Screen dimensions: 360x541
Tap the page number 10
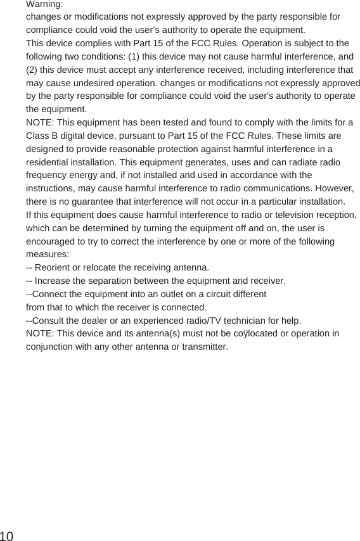8,536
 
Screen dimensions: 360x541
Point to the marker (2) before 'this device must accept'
32,69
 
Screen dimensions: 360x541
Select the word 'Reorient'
55,267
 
